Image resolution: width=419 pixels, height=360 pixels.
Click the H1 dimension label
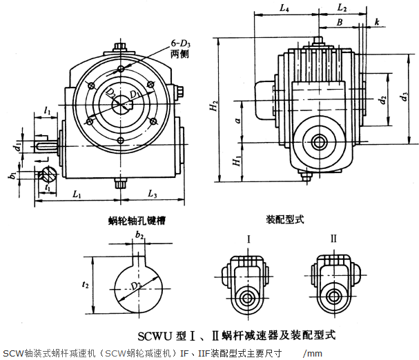235,163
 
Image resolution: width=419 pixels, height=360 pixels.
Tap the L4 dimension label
285,8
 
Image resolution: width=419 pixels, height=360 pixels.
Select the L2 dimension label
343,8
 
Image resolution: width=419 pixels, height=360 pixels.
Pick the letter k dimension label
377,23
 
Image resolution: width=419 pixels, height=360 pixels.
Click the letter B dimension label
339,23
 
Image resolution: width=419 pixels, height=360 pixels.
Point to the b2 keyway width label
139,236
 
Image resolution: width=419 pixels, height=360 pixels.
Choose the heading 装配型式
285,220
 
